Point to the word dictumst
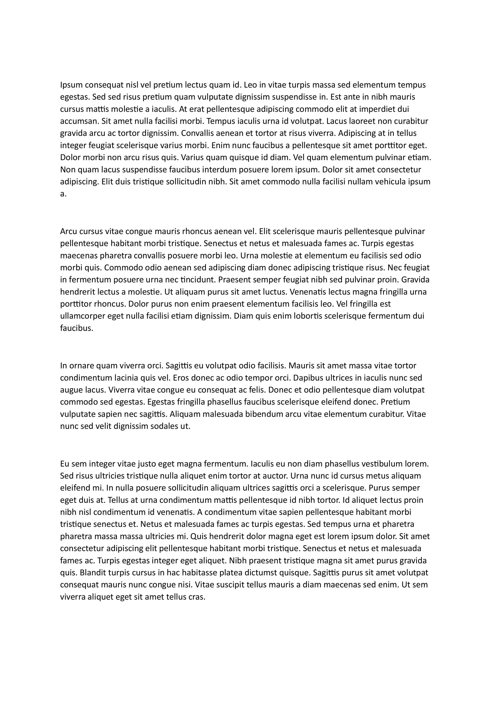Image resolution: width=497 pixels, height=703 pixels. tap(260, 573)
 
